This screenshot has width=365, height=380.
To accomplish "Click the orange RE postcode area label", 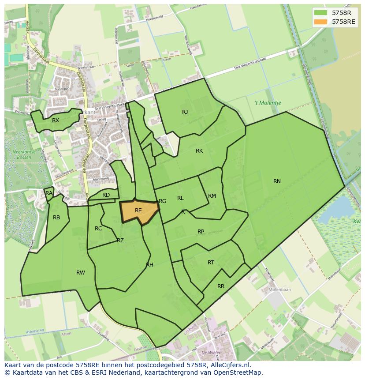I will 138,211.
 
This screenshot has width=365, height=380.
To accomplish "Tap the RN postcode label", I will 277,181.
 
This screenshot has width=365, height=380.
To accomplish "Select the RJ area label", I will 185,112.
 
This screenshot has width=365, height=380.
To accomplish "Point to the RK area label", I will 199,151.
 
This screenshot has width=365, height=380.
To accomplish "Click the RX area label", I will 56,120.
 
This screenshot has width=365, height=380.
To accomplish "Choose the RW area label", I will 80,273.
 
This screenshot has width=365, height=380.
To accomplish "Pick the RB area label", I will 56,218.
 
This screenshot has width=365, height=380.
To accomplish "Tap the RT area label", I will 211,263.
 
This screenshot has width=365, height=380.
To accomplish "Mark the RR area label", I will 221,286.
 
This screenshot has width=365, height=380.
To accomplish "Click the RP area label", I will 201,232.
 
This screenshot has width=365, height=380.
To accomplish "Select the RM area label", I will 212,196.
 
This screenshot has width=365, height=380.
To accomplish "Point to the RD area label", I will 106,195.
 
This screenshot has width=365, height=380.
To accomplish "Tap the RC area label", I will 98,229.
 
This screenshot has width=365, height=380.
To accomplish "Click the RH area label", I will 149,265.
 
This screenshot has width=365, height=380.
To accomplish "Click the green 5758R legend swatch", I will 320,12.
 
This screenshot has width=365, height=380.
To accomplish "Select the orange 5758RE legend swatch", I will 320,21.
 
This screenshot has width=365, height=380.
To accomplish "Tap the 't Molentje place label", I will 268,103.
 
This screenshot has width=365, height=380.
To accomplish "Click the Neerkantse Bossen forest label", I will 22,154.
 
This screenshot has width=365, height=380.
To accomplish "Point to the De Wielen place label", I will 211,353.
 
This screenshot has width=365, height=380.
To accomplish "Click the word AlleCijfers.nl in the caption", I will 231,365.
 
